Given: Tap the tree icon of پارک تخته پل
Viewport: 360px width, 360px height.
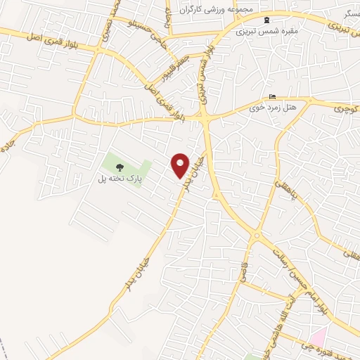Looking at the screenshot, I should [x=120, y=167].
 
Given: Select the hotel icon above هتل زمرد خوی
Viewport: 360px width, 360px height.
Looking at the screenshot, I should [x=273, y=97].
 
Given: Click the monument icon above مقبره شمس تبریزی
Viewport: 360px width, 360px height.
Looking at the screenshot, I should [x=266, y=20].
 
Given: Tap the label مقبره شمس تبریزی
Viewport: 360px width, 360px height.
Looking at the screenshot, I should [x=261, y=31].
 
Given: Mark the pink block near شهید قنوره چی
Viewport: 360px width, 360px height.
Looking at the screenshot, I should [x=319, y=336].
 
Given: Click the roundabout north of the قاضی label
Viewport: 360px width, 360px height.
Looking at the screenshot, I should [x=257, y=236].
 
